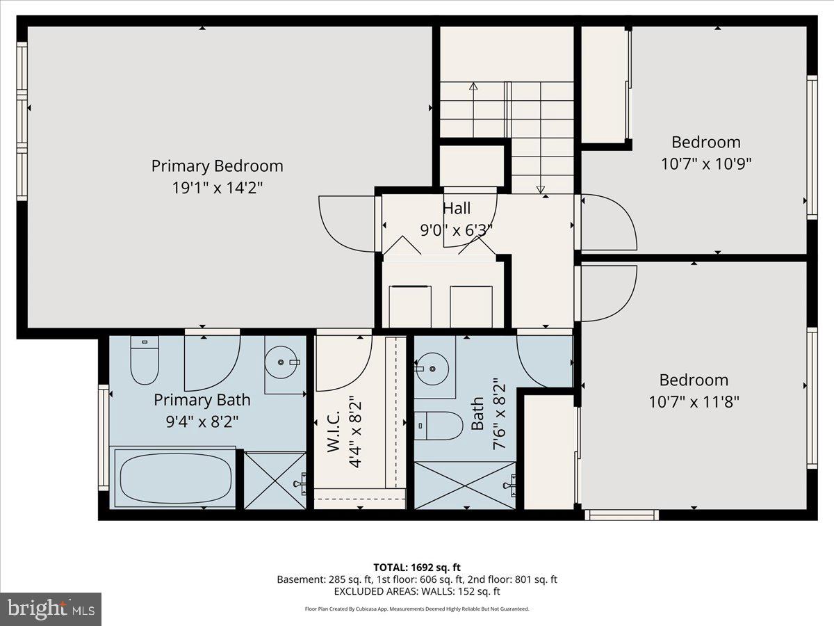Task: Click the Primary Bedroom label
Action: (x=217, y=166)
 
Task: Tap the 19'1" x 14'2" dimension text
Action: (x=217, y=188)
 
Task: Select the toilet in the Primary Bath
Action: (x=145, y=360)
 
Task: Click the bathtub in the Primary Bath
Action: (x=175, y=479)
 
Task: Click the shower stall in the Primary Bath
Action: (x=275, y=480)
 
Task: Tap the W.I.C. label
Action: (x=333, y=432)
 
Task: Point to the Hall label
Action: (x=457, y=208)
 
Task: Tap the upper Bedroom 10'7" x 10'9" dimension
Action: (x=705, y=163)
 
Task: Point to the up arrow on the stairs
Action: (x=473, y=88)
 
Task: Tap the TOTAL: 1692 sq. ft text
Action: (x=417, y=567)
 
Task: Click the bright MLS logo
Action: (x=50, y=609)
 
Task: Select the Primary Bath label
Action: (x=202, y=400)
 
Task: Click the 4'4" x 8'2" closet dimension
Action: (x=356, y=432)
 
